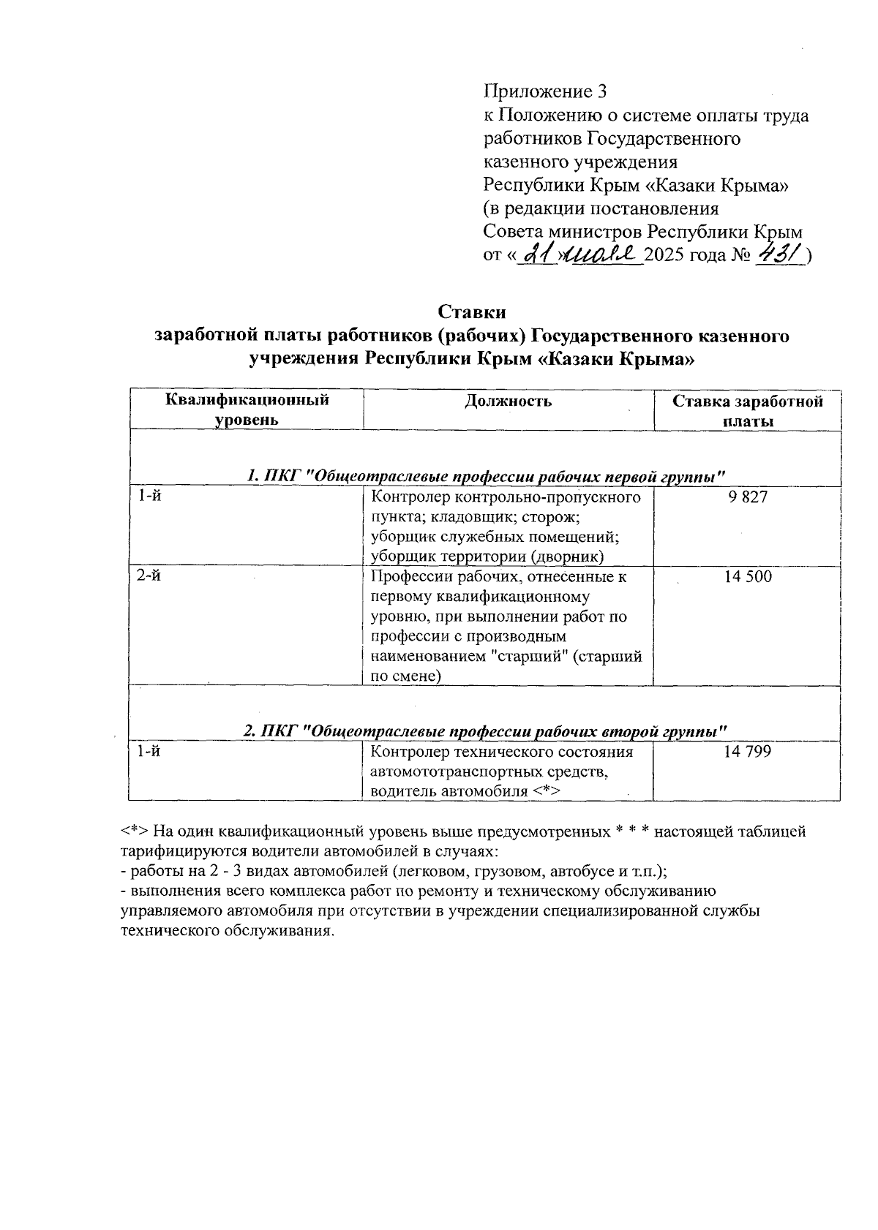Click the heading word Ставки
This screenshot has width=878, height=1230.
pyautogui.click(x=472, y=312)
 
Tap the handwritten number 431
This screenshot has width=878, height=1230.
pyautogui.click(x=781, y=254)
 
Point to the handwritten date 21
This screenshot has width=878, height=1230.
pyautogui.click(x=539, y=254)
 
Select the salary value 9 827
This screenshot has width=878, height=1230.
pyautogui.click(x=747, y=498)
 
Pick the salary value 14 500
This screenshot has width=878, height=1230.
pyautogui.click(x=747, y=577)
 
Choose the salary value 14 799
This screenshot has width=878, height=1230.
pyautogui.click(x=747, y=752)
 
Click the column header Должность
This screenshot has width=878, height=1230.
pyautogui.click(x=508, y=401)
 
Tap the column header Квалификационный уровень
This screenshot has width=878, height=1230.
pyautogui.click(x=247, y=410)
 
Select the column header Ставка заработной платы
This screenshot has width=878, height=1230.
pyautogui.click(x=747, y=411)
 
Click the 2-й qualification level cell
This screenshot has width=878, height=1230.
pyautogui.click(x=150, y=577)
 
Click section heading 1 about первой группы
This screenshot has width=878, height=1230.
pyautogui.click(x=486, y=476)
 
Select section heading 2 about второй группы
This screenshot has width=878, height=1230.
pyautogui.click(x=485, y=731)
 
